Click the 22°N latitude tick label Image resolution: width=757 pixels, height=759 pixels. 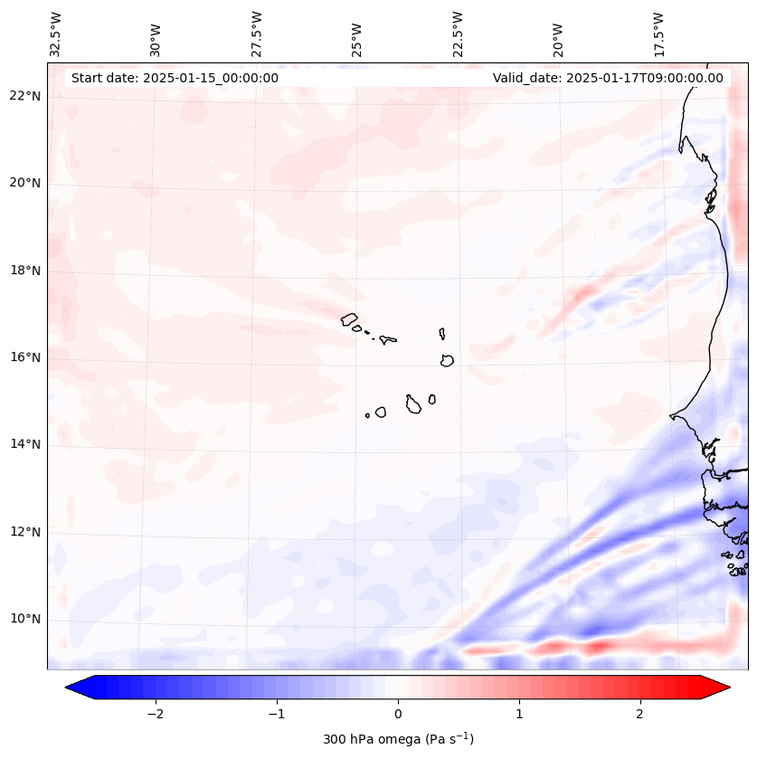[24, 96]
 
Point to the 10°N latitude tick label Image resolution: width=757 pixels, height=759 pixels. [24, 619]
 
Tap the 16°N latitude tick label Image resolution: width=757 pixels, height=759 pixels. [24, 357]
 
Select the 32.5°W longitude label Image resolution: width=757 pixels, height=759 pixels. [56, 33]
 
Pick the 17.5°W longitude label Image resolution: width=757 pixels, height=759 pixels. [658, 33]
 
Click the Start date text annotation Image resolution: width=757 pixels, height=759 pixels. [175, 78]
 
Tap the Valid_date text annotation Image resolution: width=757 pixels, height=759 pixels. [608, 78]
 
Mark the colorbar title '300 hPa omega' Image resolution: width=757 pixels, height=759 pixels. [398, 739]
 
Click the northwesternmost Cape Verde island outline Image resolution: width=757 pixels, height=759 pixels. [349, 318]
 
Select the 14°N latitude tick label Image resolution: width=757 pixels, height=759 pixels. [24, 444]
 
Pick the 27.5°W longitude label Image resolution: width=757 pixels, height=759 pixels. [257, 33]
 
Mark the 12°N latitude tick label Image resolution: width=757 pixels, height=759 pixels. [24, 532]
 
